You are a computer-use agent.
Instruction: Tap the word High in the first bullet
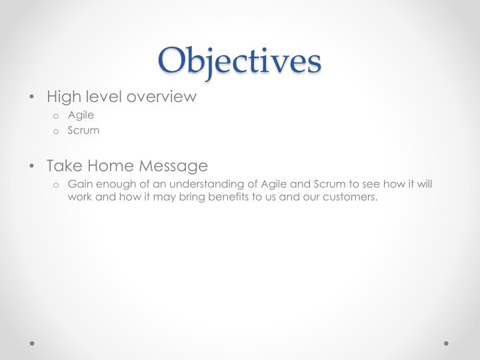click(62, 97)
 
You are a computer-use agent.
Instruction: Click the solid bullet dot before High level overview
click(33, 97)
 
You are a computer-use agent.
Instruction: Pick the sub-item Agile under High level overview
click(81, 115)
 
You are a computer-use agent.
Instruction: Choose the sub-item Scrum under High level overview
click(83, 130)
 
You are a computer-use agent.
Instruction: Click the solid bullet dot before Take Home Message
click(33, 166)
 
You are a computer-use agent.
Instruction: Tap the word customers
click(350, 197)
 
